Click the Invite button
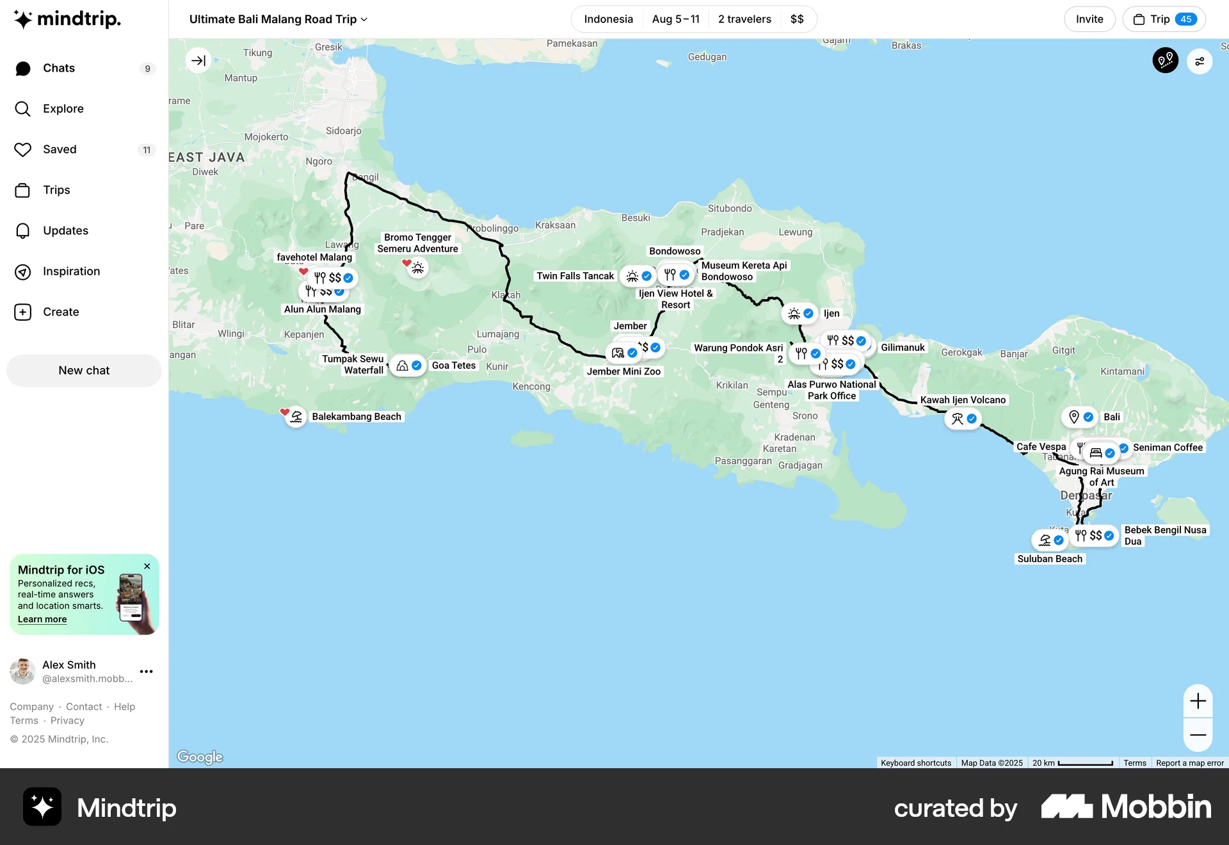[x=1089, y=19]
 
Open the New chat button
[x=84, y=371]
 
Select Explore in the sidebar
[x=63, y=109]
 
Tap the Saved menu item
[x=60, y=149]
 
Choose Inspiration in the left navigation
[x=71, y=271]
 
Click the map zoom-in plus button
[x=1198, y=701]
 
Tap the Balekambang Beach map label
[x=356, y=417]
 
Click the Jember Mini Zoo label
[x=623, y=371]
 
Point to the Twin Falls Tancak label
[x=575, y=276]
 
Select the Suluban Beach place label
[x=1050, y=559]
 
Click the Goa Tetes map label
[x=454, y=366]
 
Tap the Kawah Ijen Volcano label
[x=963, y=400]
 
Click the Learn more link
[x=42, y=619]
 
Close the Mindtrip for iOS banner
[x=147, y=567]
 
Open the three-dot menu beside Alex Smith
[x=147, y=672]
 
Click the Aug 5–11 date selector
[x=675, y=19]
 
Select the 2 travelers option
[x=744, y=19]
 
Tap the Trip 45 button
[x=1164, y=19]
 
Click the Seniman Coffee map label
[x=1168, y=447]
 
